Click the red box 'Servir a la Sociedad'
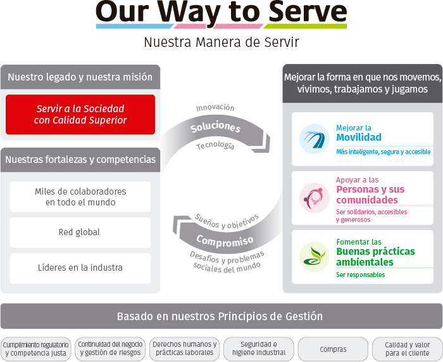pos(80,115)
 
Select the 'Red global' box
pos(80,233)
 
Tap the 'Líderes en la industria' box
pos(80,268)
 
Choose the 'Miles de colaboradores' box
pos(80,197)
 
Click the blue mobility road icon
pos(315,138)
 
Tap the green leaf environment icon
pos(315,257)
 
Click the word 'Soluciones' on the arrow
pos(215,127)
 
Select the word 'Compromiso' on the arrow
pos(225,241)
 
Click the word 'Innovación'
pos(215,108)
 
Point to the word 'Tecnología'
pos(215,146)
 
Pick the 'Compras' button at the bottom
pos(333,349)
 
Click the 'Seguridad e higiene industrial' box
pos(259,349)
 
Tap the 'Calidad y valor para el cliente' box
pos(407,349)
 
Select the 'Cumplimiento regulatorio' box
pos(36,349)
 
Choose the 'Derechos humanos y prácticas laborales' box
pos(184,349)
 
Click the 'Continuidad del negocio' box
pos(110,349)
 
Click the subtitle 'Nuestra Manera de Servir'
pos(221,43)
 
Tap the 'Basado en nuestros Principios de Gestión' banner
pos(220,316)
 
